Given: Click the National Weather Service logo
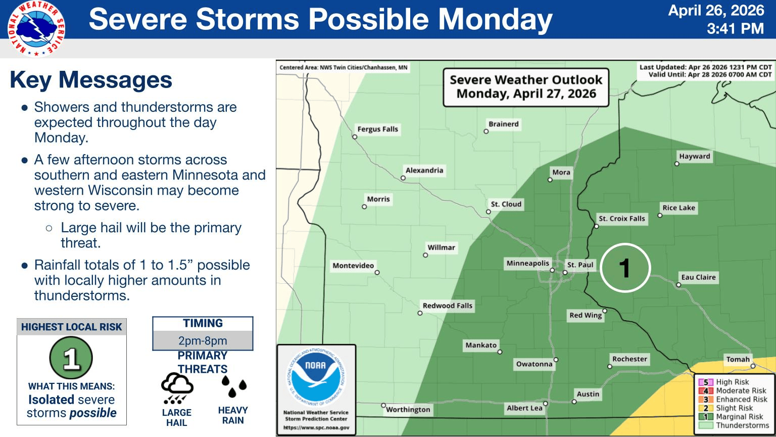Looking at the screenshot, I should click(x=36, y=28).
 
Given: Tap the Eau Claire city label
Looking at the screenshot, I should click(x=698, y=277).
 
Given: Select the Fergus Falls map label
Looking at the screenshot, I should click(x=377, y=129).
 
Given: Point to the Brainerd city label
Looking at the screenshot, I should click(x=503, y=124).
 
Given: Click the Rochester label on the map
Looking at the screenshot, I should click(x=629, y=359).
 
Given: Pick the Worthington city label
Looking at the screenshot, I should click(x=408, y=409).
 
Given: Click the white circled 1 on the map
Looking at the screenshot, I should click(x=624, y=268).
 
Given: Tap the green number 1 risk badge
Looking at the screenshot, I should click(x=71, y=358).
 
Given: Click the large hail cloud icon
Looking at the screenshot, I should click(x=177, y=388).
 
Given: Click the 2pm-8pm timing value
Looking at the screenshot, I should click(x=203, y=340).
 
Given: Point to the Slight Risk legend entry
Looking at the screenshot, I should click(x=734, y=408).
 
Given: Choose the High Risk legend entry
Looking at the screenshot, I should click(x=732, y=382).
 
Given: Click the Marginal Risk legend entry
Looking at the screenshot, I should click(x=739, y=417).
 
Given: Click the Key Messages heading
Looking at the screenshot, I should click(x=91, y=80).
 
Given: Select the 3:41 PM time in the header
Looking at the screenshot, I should click(x=735, y=29).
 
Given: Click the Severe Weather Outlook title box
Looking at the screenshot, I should click(x=526, y=87).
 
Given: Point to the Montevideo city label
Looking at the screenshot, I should click(x=353, y=266).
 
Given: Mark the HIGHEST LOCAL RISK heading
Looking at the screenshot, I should click(x=72, y=327).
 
